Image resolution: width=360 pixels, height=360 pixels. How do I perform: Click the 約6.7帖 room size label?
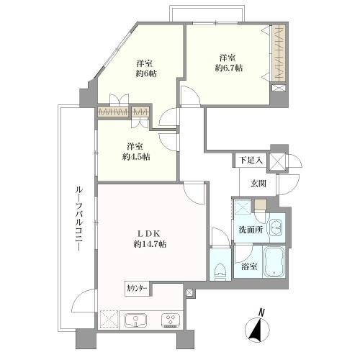coord(229,68)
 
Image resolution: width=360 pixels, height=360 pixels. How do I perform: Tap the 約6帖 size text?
coord(146,73)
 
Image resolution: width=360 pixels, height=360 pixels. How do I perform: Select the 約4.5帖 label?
coord(136,157)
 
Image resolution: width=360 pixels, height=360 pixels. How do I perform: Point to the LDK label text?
coord(148,233)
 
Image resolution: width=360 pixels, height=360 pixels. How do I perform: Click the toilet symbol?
coord(220,272)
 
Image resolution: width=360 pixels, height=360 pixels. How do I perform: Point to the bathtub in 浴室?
coord(274,261)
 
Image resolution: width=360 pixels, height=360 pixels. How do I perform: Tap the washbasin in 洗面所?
coord(277,228)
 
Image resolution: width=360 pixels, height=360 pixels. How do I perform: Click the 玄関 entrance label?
coord(258,184)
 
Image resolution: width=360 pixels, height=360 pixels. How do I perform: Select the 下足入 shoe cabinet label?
coord(251,160)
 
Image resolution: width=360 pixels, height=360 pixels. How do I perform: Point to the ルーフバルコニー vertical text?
coord(78,218)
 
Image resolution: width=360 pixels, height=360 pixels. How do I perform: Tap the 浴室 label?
coord(250,266)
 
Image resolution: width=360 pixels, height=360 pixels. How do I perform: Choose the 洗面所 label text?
coord(251,230)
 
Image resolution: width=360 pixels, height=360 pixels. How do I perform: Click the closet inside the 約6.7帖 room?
coord(279,53)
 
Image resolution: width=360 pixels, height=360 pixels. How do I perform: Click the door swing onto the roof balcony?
coord(84,301)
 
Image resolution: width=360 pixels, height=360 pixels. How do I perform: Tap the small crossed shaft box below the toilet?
coord(189,292)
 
